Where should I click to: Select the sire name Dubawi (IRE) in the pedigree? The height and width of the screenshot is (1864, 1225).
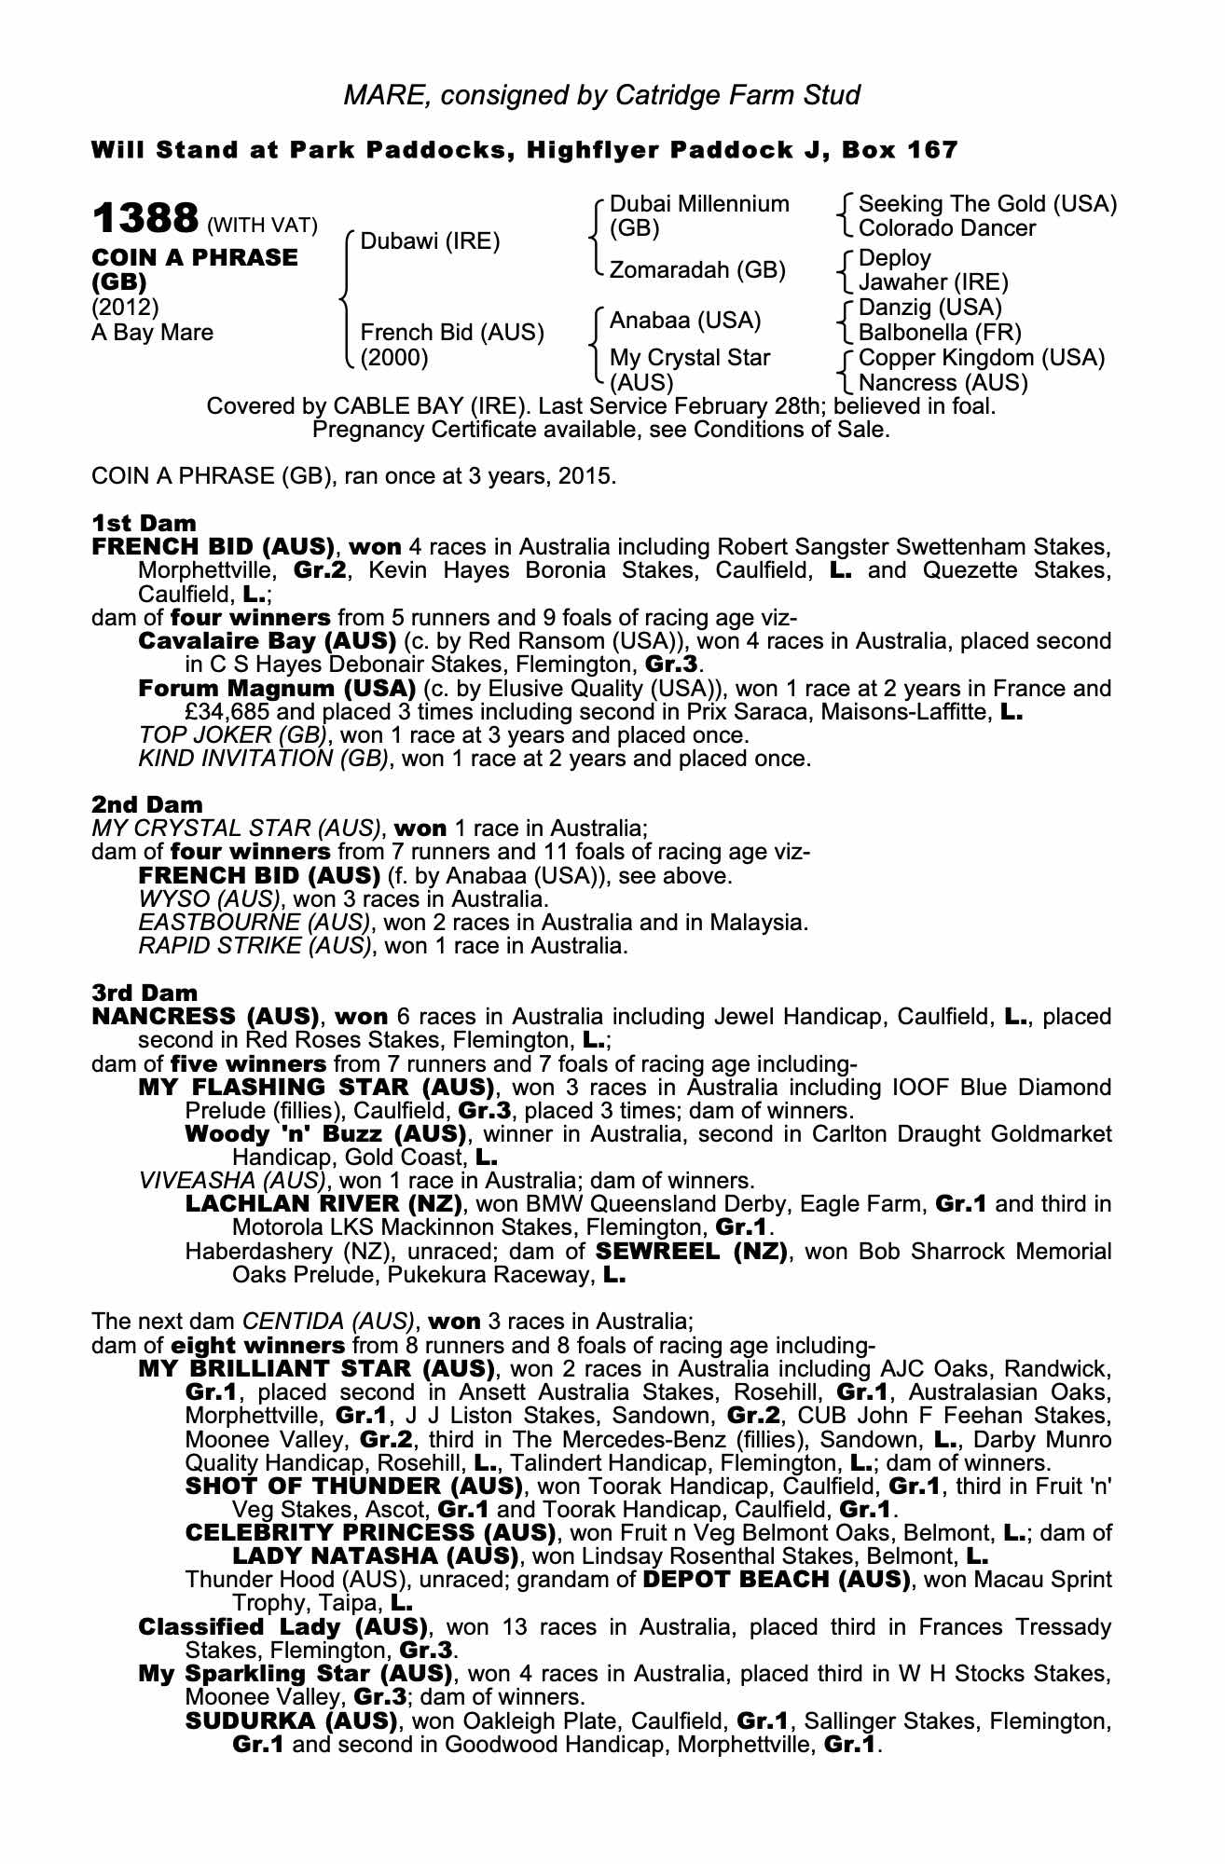point(430,242)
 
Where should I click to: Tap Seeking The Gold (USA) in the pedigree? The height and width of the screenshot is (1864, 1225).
point(987,204)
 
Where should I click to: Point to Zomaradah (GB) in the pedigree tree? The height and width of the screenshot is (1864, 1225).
point(697,270)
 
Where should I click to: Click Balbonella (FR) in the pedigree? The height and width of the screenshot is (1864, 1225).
point(940,333)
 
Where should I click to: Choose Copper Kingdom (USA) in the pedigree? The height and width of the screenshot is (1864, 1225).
point(981,358)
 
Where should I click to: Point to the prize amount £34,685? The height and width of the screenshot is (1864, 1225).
point(229,712)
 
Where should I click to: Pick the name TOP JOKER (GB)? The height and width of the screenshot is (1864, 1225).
point(233,735)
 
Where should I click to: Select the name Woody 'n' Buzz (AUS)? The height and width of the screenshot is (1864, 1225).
point(325,1134)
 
